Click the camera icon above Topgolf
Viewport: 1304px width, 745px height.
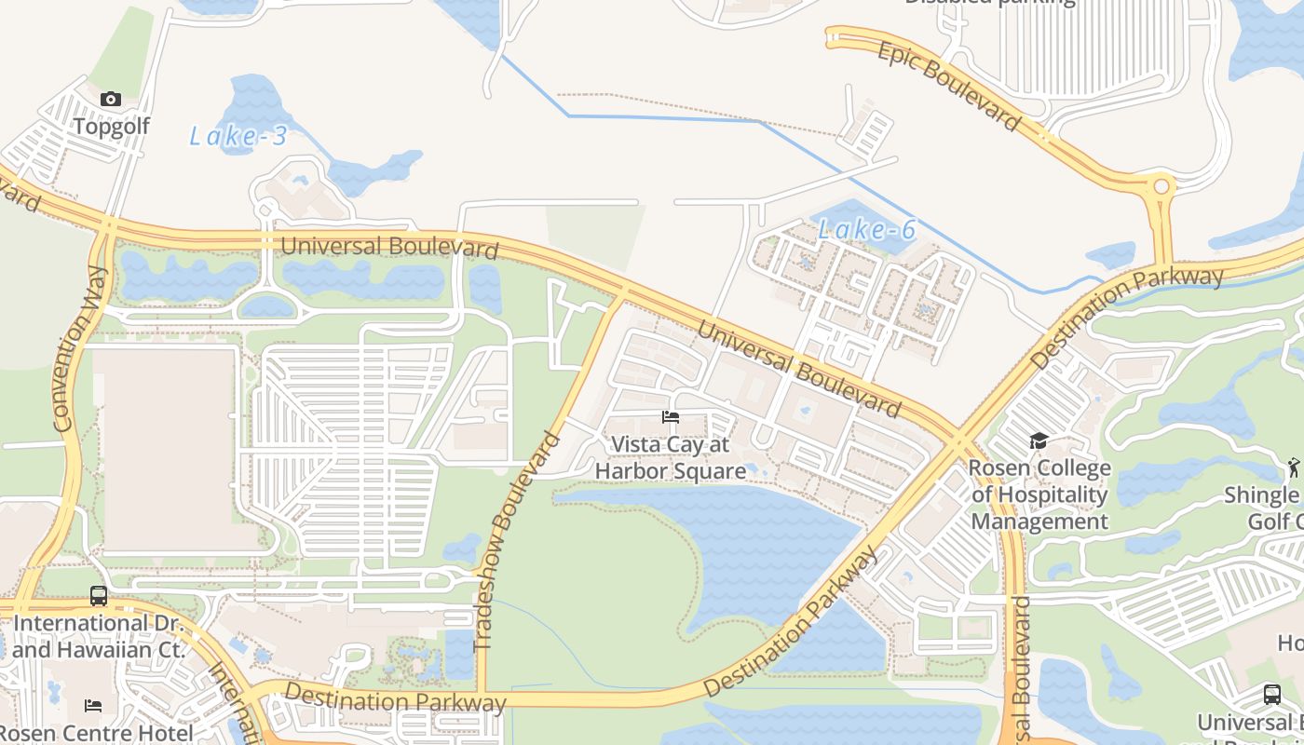click(111, 99)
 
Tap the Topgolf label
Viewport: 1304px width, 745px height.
click(111, 126)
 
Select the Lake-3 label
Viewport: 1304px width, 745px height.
click(238, 137)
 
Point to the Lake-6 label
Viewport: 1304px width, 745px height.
click(866, 229)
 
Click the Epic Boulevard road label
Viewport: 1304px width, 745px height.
click(948, 86)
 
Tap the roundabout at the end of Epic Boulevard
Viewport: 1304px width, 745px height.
click(1161, 186)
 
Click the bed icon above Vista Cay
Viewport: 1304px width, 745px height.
click(671, 417)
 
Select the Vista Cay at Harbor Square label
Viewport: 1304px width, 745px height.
click(671, 458)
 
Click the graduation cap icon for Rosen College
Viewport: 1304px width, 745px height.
click(1039, 440)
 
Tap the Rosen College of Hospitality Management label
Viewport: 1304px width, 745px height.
click(1039, 494)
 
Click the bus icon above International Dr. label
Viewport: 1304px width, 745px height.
click(99, 596)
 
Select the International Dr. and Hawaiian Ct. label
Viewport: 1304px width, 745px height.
click(99, 636)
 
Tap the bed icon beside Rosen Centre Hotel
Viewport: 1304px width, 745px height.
click(93, 705)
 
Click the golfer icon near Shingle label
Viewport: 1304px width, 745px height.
click(1293, 466)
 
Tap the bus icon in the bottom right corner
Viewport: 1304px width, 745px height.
click(1271, 694)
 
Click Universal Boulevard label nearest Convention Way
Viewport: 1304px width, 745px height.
click(389, 248)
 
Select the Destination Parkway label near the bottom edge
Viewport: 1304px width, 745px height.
click(396, 698)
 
